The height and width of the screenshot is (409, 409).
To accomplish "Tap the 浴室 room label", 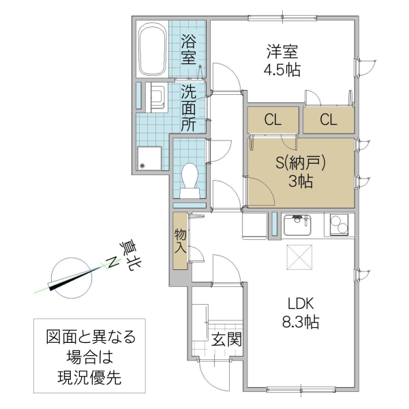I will pos(189,49).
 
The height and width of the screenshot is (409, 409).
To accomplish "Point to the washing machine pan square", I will pos(149,159).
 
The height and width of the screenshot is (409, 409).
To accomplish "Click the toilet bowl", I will pos(190,179).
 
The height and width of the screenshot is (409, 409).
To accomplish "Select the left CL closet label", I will pos(273,121).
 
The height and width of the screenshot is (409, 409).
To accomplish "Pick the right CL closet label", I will pos(329,121).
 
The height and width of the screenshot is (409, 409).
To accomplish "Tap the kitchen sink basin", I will pos(299,224).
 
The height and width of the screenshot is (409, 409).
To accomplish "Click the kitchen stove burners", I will pos(339,224).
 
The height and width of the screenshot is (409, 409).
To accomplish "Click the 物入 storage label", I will pos(180,241).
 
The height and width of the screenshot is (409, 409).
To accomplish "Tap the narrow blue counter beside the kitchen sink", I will pos(275,224).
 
